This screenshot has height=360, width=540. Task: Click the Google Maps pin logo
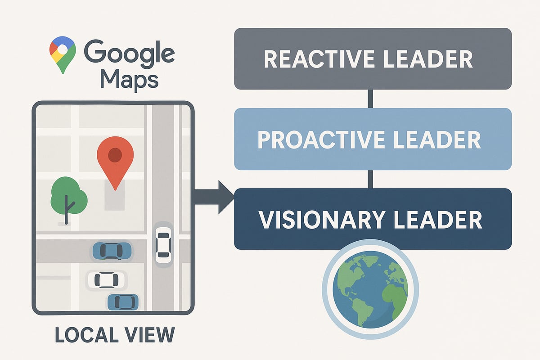coord(63,53)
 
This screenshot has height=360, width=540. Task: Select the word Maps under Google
coord(129,80)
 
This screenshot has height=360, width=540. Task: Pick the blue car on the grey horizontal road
coord(112,250)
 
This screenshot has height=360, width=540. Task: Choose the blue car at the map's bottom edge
coord(122,301)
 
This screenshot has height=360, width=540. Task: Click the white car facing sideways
coord(103,279)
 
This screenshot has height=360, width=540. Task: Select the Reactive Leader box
coord(373,58)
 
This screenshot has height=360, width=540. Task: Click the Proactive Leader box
coord(373,139)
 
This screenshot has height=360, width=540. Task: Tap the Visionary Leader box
coord(373,219)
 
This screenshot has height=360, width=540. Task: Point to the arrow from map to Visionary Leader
coord(214,197)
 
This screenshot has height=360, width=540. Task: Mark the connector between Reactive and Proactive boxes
coord(370,99)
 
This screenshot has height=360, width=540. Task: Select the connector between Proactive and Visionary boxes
coord(370,179)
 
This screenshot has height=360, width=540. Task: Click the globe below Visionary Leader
coord(370,289)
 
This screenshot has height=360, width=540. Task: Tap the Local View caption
coord(114,336)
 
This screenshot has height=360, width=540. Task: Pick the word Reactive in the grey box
coord(315,59)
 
